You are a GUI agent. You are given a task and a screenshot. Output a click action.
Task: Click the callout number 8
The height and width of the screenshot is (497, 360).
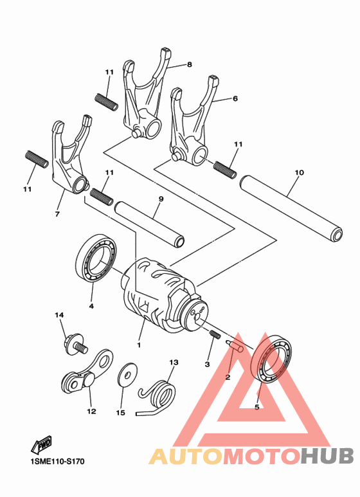point(190,64)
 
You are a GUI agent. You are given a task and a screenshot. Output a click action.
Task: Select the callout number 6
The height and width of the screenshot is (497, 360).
point(235,98)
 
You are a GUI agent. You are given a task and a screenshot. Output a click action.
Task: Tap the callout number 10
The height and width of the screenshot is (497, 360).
point(299,173)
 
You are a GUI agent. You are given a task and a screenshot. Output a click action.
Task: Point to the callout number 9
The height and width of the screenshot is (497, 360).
point(161,199)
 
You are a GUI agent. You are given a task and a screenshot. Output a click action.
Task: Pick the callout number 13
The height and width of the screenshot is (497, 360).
point(172,362)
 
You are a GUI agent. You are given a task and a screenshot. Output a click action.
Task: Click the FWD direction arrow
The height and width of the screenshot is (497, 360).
point(41,444)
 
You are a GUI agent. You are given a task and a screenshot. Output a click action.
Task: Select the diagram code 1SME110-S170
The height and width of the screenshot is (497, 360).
point(57,461)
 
